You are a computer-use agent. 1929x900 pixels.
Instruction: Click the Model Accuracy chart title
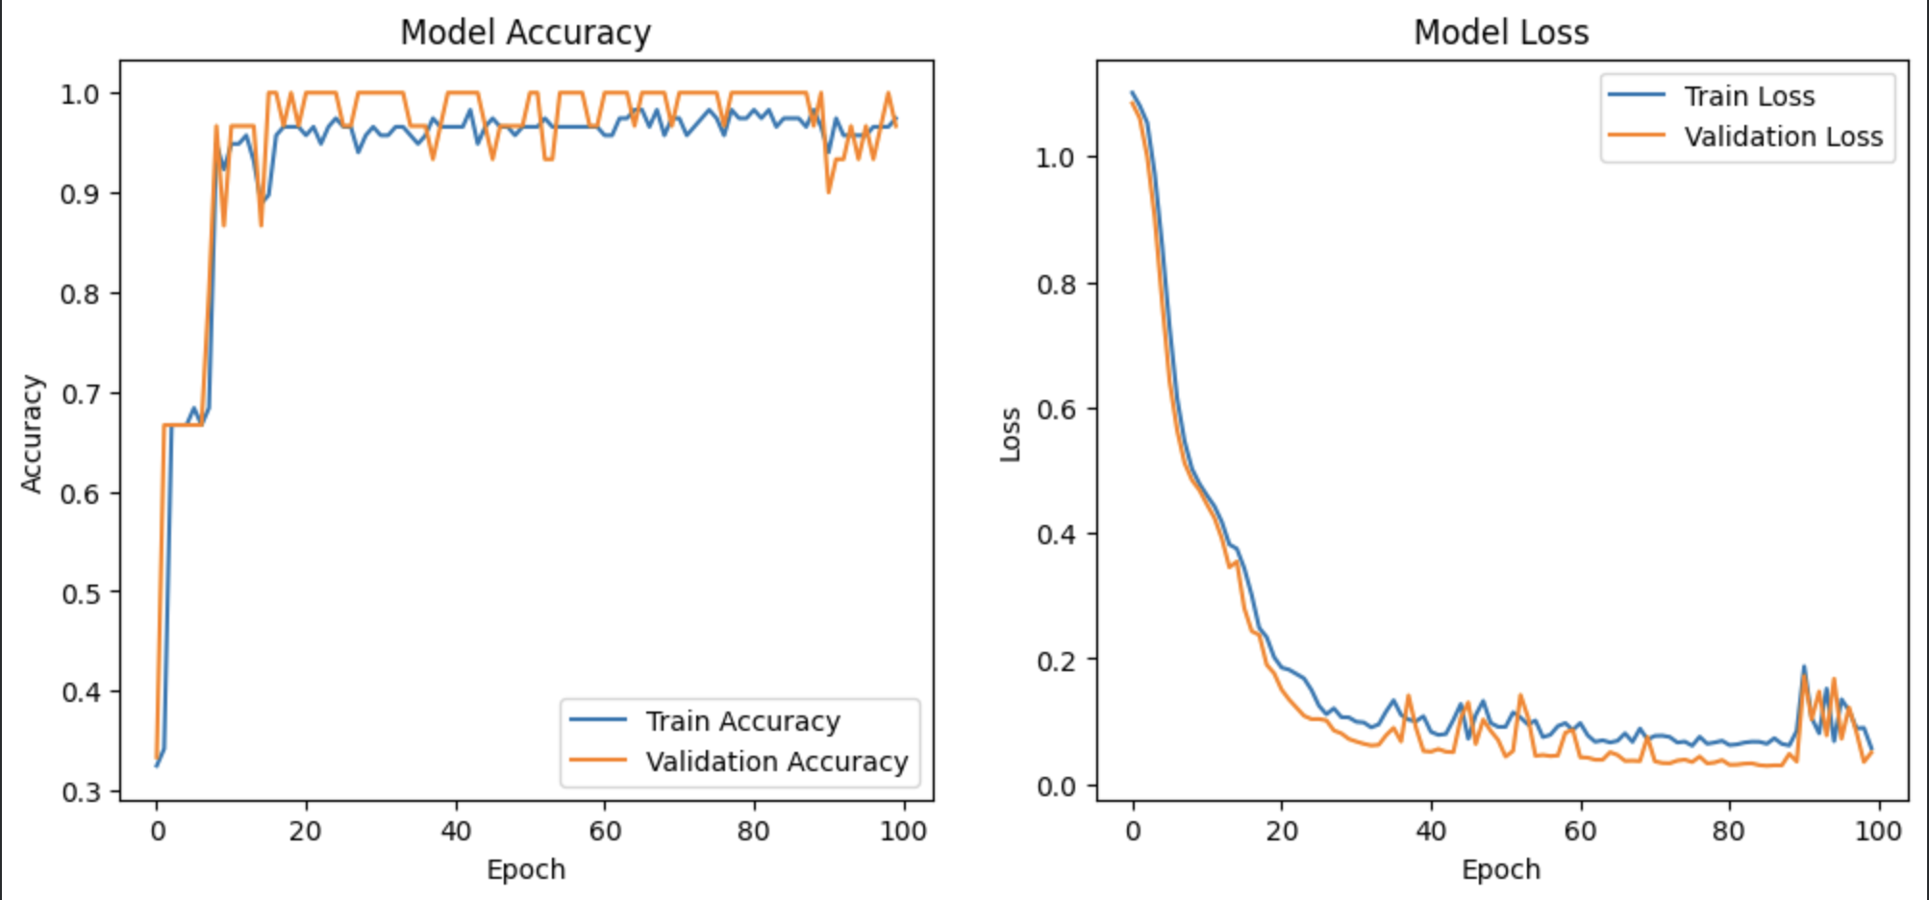point(525,33)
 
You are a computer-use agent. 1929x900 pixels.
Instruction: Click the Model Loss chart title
point(1500,33)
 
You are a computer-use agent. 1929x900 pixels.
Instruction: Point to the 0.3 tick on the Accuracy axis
point(80,792)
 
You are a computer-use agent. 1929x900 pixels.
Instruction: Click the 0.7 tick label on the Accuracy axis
point(80,393)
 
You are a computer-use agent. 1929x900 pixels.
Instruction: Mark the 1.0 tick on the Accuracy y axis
point(80,94)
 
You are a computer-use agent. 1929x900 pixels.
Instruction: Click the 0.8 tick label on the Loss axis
point(1056,284)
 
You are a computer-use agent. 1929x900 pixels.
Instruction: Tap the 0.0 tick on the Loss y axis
point(1056,787)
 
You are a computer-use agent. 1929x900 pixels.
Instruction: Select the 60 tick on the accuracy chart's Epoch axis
point(605,831)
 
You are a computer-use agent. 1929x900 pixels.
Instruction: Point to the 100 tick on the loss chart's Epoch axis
point(1877,831)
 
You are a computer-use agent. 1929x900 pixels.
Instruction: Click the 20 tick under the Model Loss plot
point(1282,831)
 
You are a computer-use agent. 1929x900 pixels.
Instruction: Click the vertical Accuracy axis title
point(32,434)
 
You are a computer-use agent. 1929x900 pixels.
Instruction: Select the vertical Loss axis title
point(1010,434)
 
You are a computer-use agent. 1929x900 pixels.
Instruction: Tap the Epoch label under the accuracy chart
point(526,870)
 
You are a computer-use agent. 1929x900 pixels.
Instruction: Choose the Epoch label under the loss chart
point(1501,870)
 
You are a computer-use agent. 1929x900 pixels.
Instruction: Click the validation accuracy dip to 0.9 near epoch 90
point(829,192)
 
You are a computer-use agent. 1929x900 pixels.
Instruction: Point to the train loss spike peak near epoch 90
point(1804,666)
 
